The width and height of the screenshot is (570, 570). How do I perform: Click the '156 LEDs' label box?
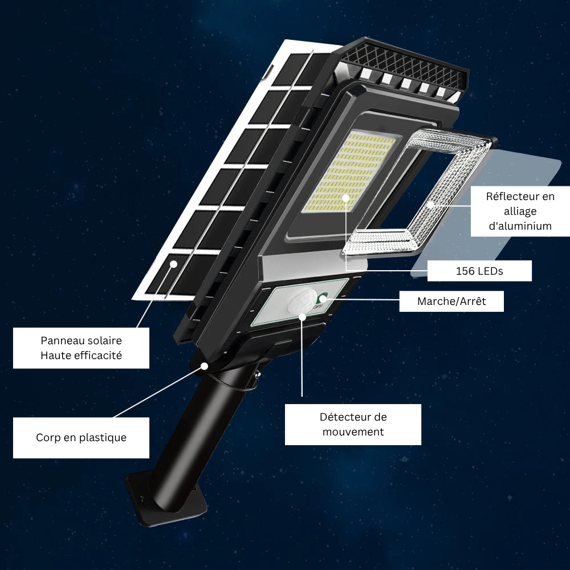click(x=479, y=271)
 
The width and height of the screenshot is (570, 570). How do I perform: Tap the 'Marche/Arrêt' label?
click(x=451, y=301)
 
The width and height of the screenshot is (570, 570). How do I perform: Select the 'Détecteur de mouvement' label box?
click(x=353, y=424)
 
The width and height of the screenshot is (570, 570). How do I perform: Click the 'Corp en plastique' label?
click(x=81, y=437)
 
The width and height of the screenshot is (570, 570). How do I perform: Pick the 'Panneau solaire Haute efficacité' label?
click(x=81, y=348)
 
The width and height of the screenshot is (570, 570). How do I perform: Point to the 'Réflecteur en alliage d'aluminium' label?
click(x=520, y=211)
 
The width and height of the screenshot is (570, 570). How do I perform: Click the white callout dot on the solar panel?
click(x=174, y=264)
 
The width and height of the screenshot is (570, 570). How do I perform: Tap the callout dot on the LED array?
click(x=346, y=198)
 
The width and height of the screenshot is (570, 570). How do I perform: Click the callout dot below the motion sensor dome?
click(x=302, y=316)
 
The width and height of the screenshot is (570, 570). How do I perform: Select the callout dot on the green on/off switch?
click(x=323, y=299)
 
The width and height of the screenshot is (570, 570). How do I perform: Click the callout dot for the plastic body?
click(x=205, y=366)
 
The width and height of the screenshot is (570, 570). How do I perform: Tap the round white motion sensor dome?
click(x=302, y=301)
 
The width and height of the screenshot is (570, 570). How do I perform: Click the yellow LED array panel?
click(x=350, y=172)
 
